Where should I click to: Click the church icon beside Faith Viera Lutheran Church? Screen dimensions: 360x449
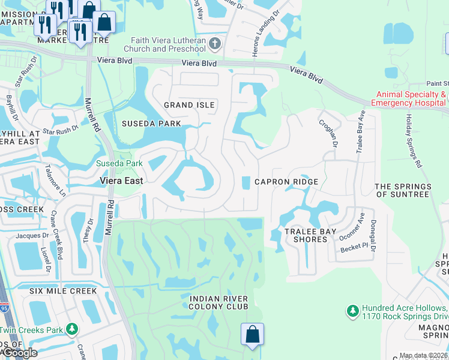coord(215,43)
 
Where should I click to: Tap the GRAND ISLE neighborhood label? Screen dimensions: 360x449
coord(189,105)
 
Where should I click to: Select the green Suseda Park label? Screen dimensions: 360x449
coord(119,163)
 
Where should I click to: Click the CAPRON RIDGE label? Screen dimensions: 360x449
coord(286,182)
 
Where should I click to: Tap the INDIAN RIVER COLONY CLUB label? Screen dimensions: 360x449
coord(218,302)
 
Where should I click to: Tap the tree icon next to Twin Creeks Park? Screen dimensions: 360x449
coord(72,329)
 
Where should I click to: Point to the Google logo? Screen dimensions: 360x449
coord(19,353)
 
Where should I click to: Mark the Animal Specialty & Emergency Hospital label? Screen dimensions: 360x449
coord(411,98)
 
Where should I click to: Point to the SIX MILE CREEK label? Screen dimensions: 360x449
coord(62,291)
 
